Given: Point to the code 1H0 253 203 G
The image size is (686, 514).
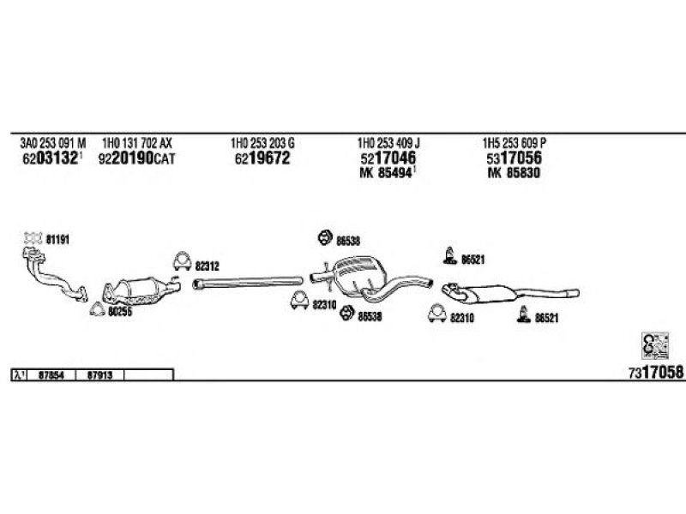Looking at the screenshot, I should click(x=262, y=142).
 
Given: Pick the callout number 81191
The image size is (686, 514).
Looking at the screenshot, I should click(x=57, y=241).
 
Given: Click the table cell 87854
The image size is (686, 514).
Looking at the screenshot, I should click(x=52, y=374).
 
